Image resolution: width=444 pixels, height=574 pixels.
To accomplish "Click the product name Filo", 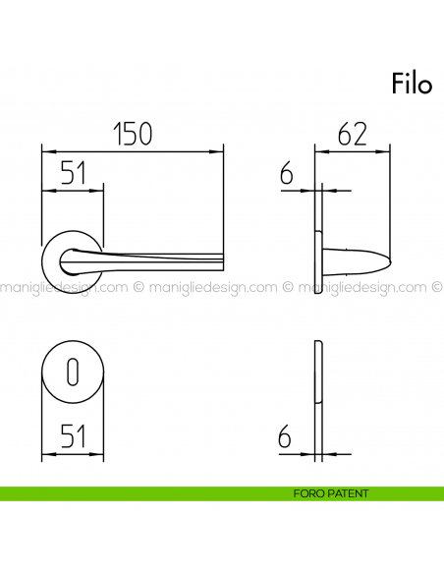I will tap(412, 85).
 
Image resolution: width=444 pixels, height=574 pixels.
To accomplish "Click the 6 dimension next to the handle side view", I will tap(287, 175).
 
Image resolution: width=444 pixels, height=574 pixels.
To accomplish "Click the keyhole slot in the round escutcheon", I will tap(72, 372).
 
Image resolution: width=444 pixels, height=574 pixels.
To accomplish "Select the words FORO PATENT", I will tap(330, 493).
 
